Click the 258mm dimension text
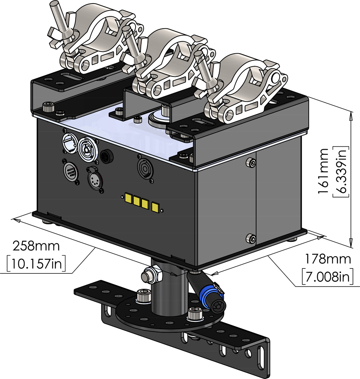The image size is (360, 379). coord(36,245)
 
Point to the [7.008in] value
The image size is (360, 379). coord(327,277)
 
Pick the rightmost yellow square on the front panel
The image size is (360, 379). coord(155,207)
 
